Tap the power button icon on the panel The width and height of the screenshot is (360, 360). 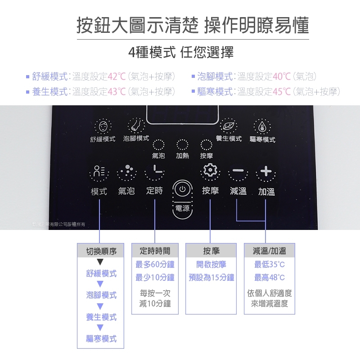183,189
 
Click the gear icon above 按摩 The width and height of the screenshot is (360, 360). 210,171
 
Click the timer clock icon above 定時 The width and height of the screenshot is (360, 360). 154,171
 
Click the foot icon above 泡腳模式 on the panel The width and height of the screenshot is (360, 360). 135,126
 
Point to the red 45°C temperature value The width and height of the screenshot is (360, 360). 282,92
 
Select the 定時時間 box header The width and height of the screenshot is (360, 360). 154,251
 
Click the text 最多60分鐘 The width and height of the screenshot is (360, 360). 154,264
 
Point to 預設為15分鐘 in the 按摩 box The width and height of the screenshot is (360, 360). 211,277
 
